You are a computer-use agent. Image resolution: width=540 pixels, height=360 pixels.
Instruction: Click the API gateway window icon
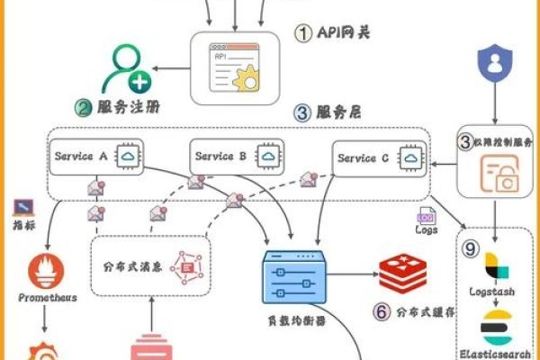click(x=233, y=65)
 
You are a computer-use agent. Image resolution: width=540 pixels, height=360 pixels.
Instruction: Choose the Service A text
click(x=82, y=156)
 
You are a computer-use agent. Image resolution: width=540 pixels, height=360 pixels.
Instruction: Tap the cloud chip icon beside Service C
click(x=411, y=158)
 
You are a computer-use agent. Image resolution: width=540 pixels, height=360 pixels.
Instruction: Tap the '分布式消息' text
click(x=132, y=265)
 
